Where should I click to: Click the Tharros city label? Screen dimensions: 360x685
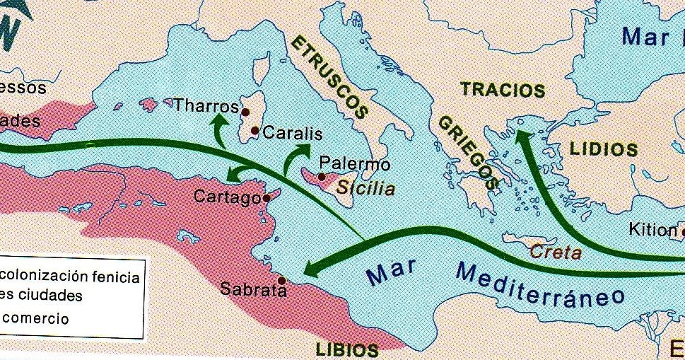pos(205,106)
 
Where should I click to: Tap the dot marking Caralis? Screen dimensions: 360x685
pos(255,131)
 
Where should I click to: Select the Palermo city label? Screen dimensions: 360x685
pos(355,164)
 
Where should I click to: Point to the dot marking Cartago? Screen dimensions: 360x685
pos(266,199)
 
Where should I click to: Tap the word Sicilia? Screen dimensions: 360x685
pos(365,189)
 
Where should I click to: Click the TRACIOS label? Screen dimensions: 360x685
pos(503,91)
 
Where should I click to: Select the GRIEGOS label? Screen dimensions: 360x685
pos(469,151)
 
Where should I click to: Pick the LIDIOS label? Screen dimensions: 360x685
pos(603,149)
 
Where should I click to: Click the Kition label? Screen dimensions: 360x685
pos(652,230)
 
